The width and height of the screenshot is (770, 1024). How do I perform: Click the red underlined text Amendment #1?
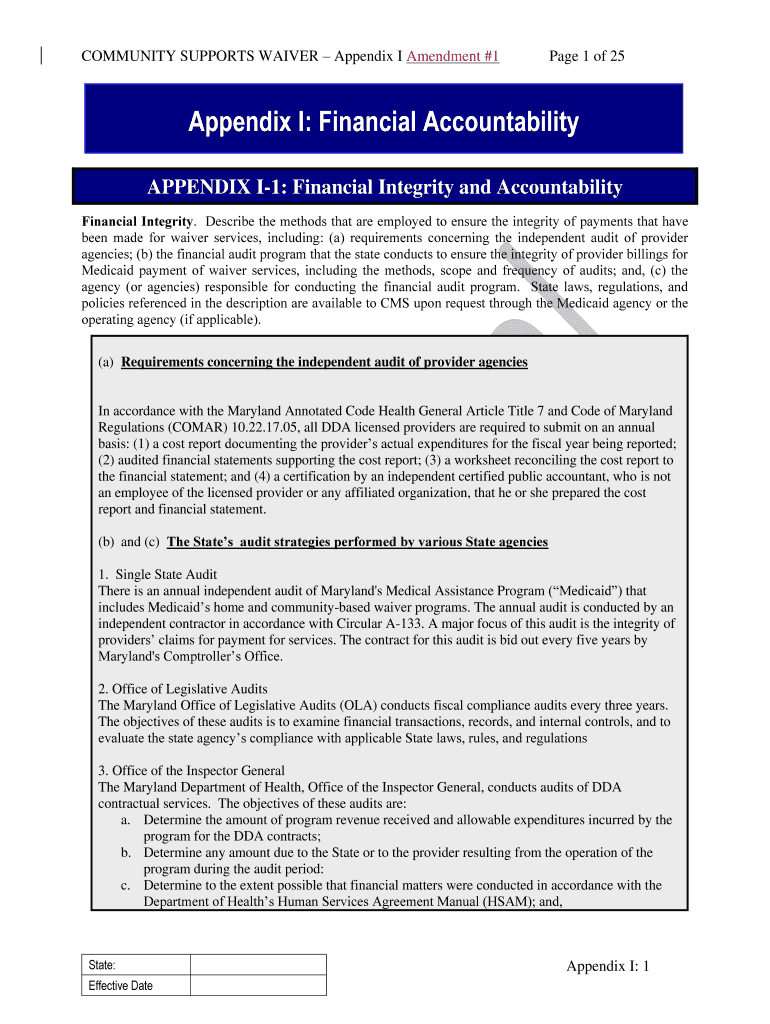pos(453,56)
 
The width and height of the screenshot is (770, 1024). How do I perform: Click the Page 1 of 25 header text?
pos(587,56)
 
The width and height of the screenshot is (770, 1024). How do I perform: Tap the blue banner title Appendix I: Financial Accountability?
pos(384,123)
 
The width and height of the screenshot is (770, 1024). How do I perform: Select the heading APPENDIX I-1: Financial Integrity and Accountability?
pos(384,188)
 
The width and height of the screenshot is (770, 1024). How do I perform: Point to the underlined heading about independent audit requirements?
pos(324,362)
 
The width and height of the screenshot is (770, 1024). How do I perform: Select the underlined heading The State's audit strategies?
pos(357,542)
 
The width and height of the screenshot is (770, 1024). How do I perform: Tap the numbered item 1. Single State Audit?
pos(157,575)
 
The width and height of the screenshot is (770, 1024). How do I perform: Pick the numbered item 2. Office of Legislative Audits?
pos(183,689)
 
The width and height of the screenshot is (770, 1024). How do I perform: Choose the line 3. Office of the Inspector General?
pos(191,770)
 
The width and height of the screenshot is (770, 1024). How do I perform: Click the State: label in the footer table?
pos(102,965)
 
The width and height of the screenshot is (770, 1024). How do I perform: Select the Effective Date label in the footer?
pos(121,986)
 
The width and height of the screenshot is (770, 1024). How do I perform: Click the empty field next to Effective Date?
pos(258,986)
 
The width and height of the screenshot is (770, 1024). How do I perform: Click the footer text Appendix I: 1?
pos(608,966)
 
